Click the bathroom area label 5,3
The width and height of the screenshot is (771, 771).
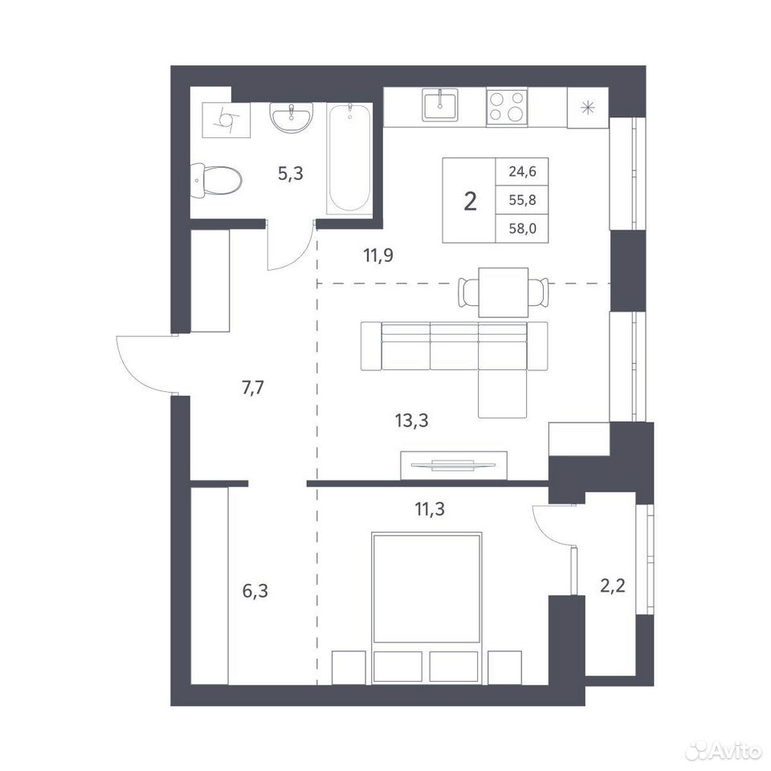pos(290,173)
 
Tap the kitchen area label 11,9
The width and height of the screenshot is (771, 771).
pos(378,255)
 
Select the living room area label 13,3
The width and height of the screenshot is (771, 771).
pos(411,420)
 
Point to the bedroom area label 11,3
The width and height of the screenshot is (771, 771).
pos(430,509)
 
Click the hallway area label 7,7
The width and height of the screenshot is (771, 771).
pos(253,388)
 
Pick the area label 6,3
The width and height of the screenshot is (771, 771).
pos(255,590)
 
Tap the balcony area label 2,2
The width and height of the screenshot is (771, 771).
pos(613,586)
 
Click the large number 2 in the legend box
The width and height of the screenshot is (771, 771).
pos(470,201)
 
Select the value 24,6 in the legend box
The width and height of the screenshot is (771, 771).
pos(522,172)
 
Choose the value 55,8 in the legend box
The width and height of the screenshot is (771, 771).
pos(522,200)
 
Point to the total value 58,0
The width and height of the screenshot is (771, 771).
pos(522,229)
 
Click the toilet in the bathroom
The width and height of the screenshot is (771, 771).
pos(216,181)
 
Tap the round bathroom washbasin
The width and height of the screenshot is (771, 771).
pos(291,117)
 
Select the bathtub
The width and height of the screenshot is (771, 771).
pos(349,158)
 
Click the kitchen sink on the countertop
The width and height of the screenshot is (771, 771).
pos(440,104)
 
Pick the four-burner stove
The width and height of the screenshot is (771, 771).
pos(507,107)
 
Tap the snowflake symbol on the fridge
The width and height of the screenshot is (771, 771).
pos(588,107)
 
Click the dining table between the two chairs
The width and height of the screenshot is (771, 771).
pos(503,292)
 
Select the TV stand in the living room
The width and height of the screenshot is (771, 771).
pos(454,465)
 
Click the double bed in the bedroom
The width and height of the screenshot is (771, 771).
pos(426,608)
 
